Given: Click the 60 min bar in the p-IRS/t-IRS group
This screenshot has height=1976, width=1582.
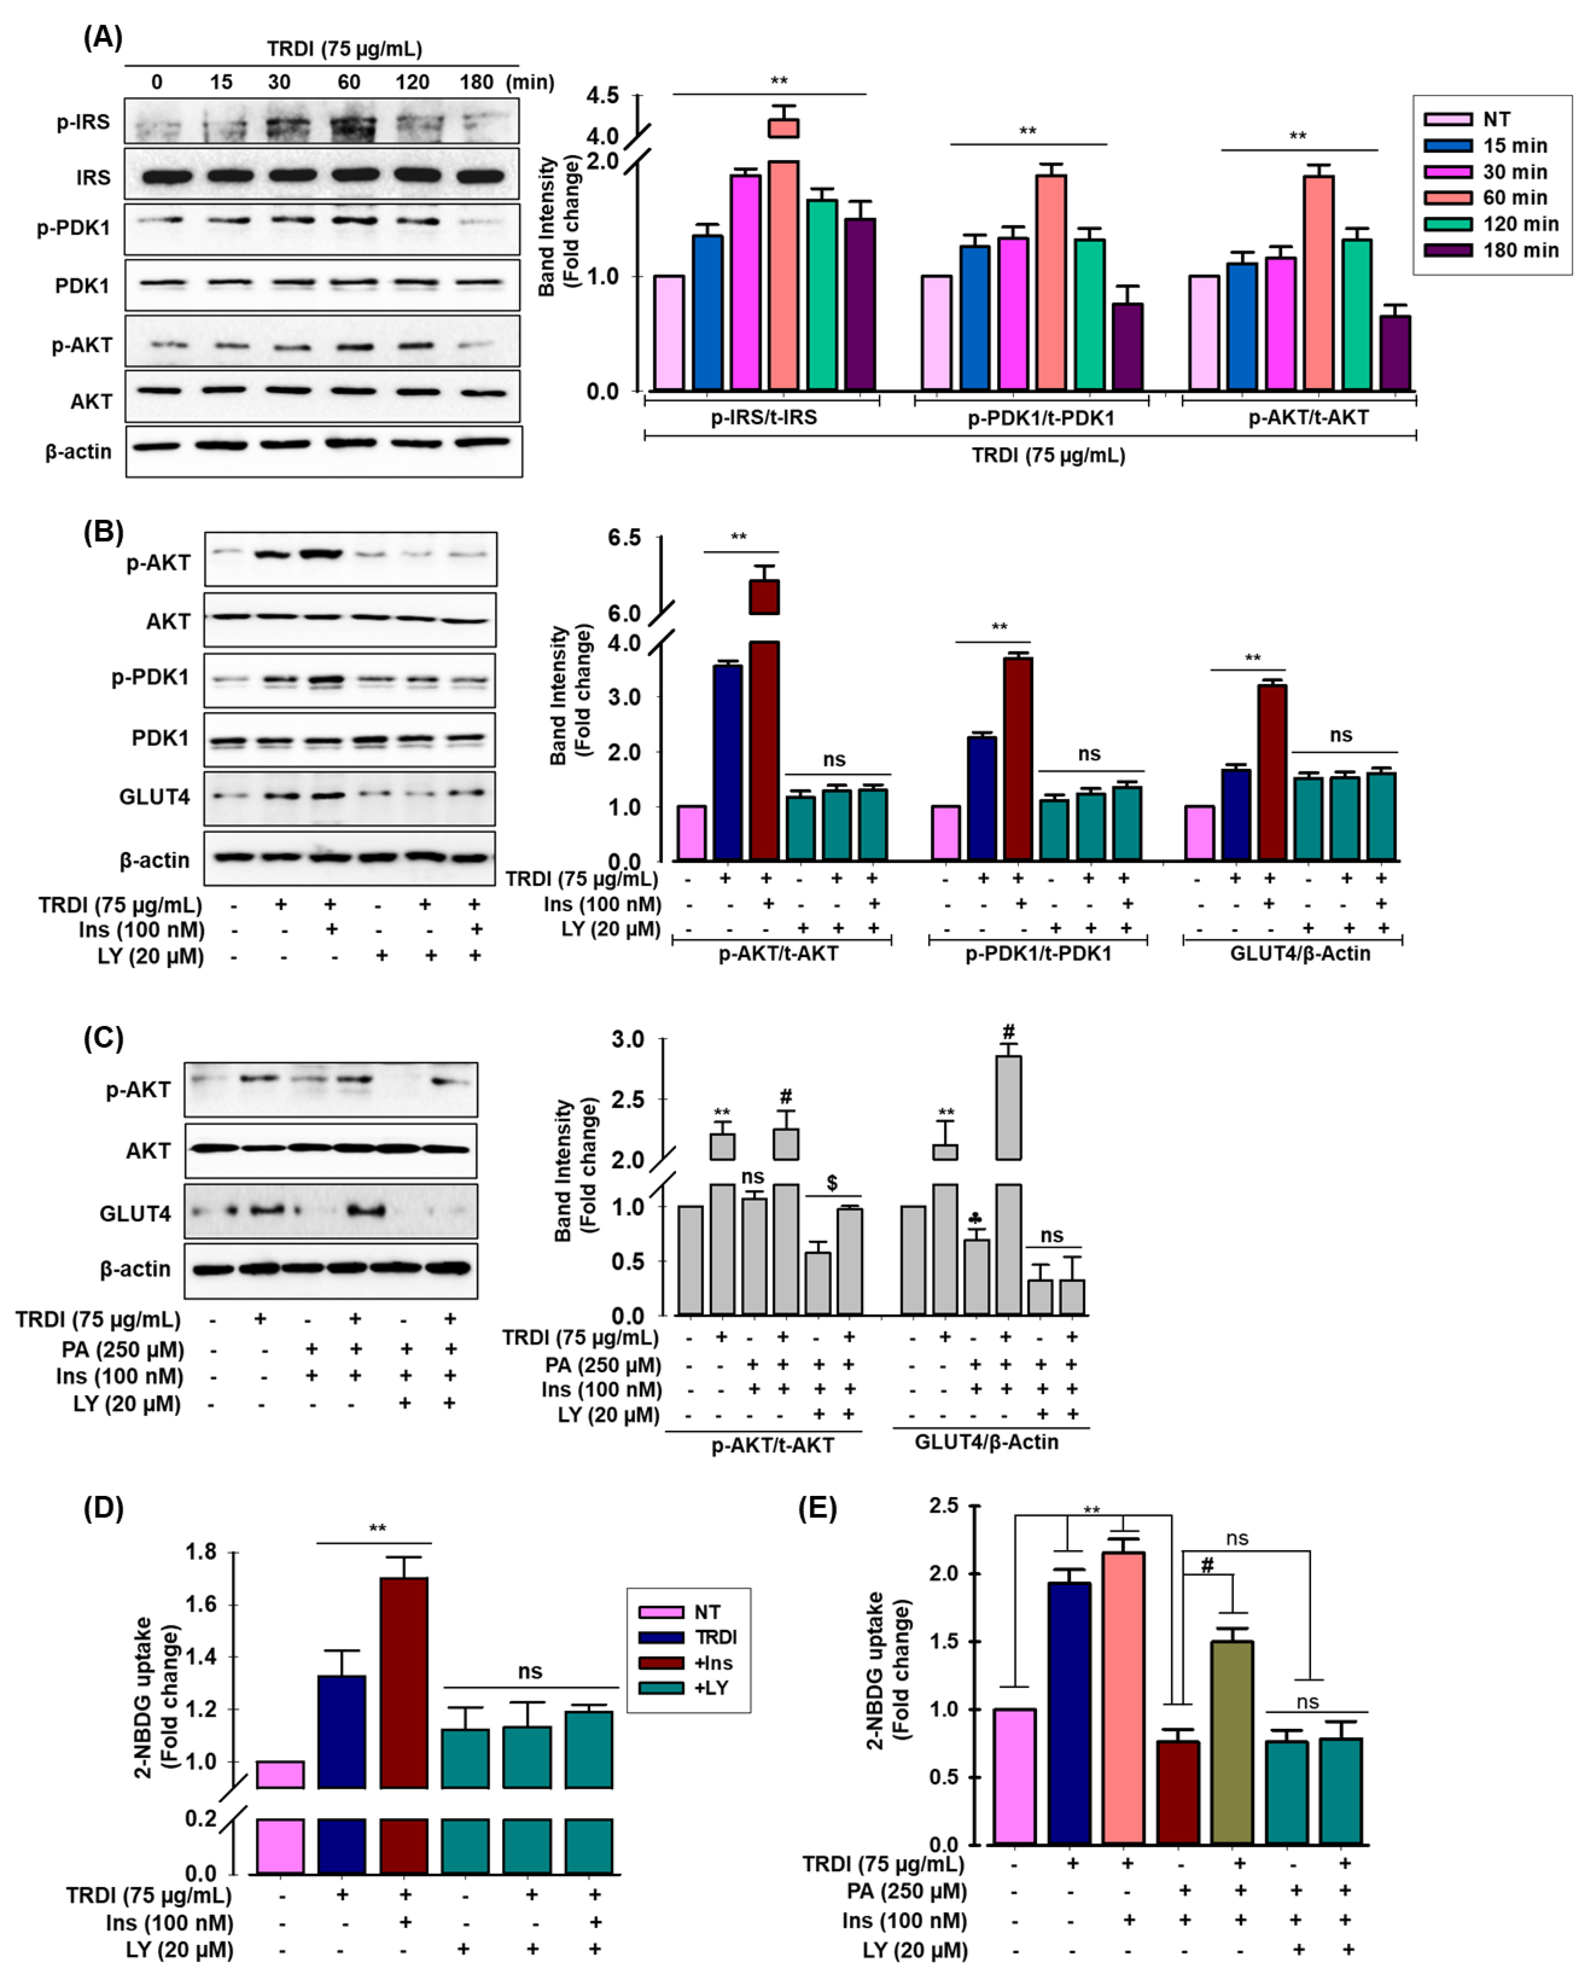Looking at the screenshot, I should (783, 275).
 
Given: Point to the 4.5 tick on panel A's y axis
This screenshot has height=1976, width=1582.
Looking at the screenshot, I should (602, 95).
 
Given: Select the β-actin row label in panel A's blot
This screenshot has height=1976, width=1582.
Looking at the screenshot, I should (79, 452).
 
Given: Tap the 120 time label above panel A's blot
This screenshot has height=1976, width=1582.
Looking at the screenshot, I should (412, 82).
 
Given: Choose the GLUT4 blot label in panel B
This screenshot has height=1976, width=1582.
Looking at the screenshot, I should (155, 796).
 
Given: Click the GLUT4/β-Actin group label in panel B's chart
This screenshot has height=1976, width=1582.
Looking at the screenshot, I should (1300, 953).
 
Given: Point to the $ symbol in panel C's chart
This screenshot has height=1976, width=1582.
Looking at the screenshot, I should (831, 1183).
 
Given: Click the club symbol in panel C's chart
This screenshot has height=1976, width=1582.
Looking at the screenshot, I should (976, 1218).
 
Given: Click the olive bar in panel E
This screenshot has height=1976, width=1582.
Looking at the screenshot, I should (1232, 1741).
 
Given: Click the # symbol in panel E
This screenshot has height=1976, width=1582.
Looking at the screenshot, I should (1207, 1566).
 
